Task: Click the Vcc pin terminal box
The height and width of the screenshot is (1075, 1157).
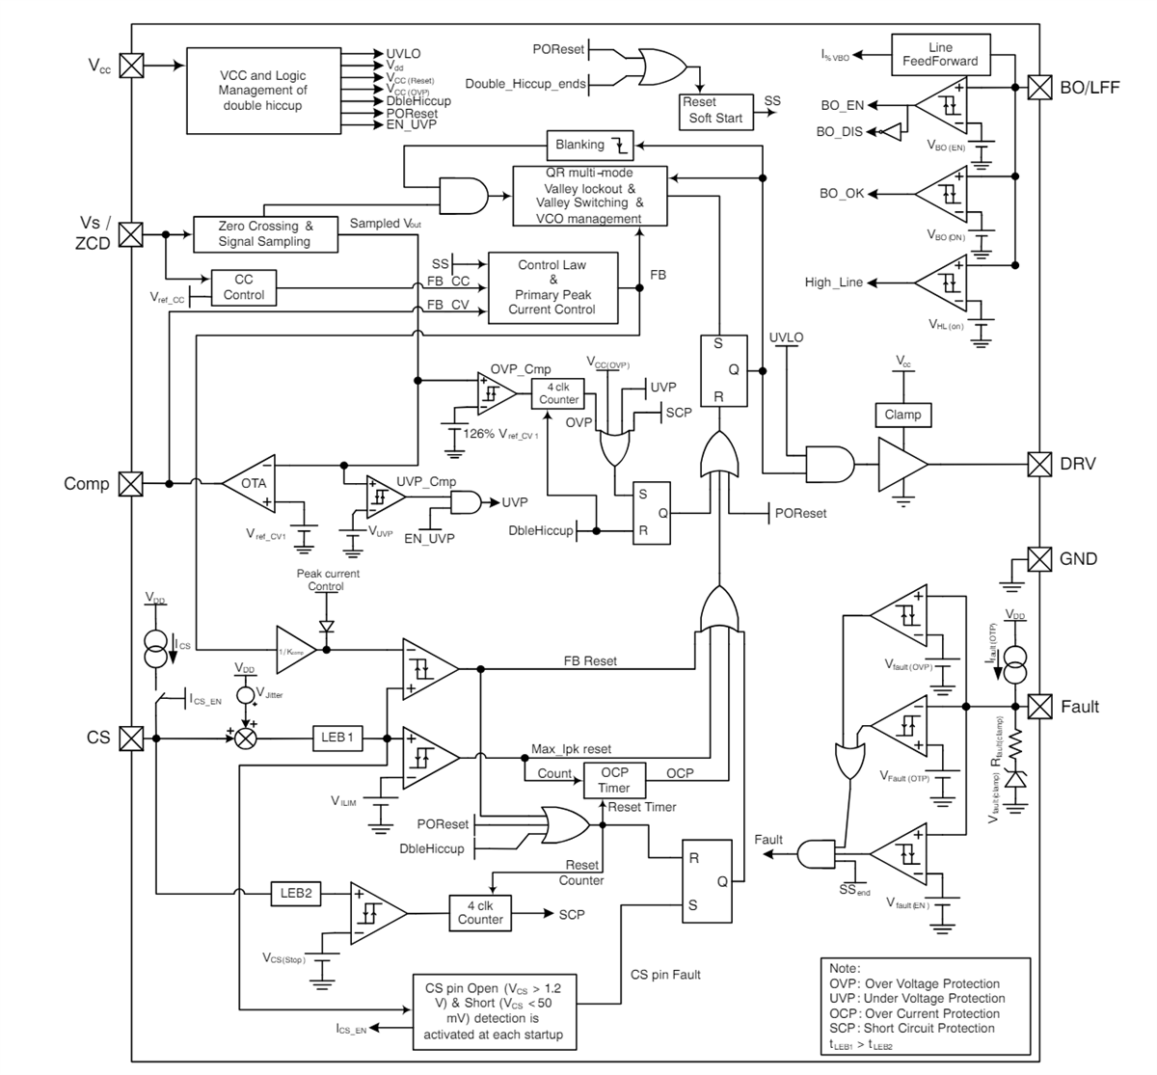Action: [x=130, y=66]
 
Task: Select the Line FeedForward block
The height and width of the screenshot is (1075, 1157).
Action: [x=939, y=55]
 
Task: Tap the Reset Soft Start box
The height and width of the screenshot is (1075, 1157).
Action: [x=715, y=110]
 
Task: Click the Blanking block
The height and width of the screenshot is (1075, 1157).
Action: [x=590, y=146]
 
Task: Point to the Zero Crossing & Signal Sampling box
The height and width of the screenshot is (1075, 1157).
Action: [x=265, y=234]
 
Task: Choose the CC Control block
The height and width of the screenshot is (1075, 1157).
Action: [x=244, y=287]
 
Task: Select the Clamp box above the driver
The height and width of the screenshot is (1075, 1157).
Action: [x=902, y=415]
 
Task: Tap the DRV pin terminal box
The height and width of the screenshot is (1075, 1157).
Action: [x=1039, y=464]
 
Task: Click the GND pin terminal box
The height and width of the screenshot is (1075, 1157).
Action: [x=1039, y=559]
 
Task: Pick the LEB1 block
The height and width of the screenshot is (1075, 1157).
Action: [x=337, y=738]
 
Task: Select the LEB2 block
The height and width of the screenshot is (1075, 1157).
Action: [x=296, y=894]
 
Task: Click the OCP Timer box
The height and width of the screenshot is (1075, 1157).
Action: [x=614, y=780]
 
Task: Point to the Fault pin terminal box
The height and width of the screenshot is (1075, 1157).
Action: [x=1039, y=707]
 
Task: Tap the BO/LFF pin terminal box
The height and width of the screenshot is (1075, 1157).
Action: [x=1039, y=87]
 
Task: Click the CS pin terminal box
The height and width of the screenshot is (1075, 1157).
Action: [x=130, y=738]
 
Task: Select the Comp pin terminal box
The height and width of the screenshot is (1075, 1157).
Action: [x=130, y=483]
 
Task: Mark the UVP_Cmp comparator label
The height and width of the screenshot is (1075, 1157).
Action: [x=426, y=481]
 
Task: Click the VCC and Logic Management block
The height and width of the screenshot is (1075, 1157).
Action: [x=262, y=90]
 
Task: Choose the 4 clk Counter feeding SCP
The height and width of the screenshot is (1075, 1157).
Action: [x=480, y=912]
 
